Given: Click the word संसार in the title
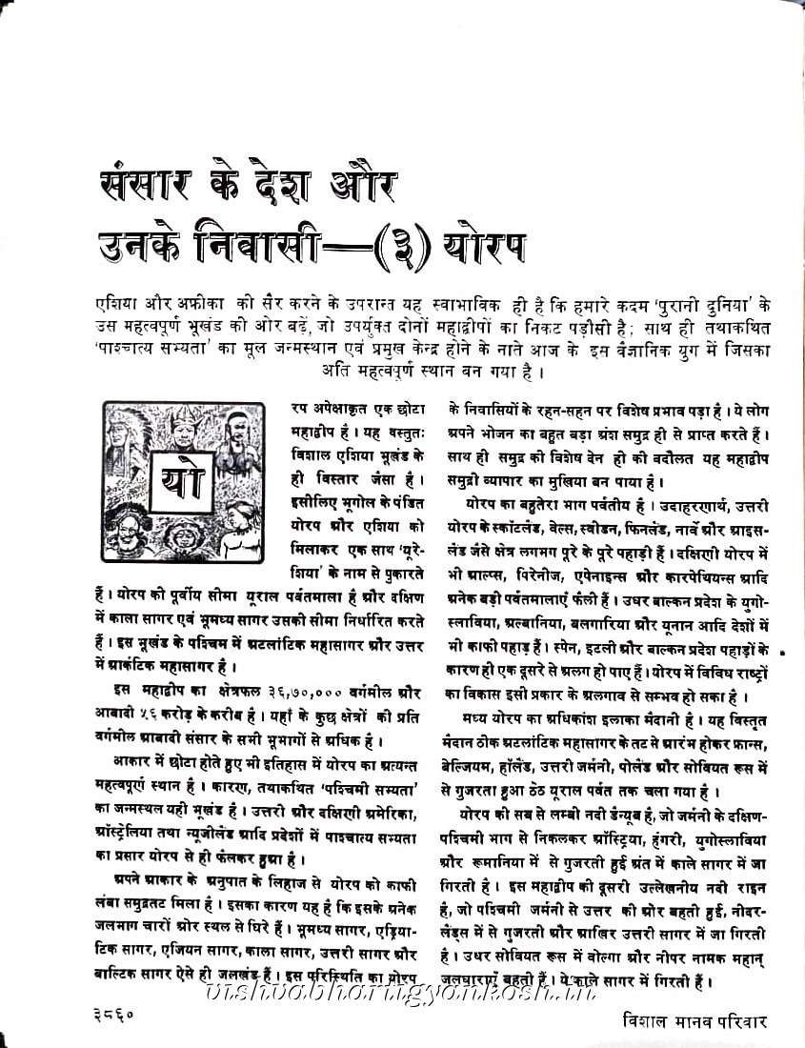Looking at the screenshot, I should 153,183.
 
